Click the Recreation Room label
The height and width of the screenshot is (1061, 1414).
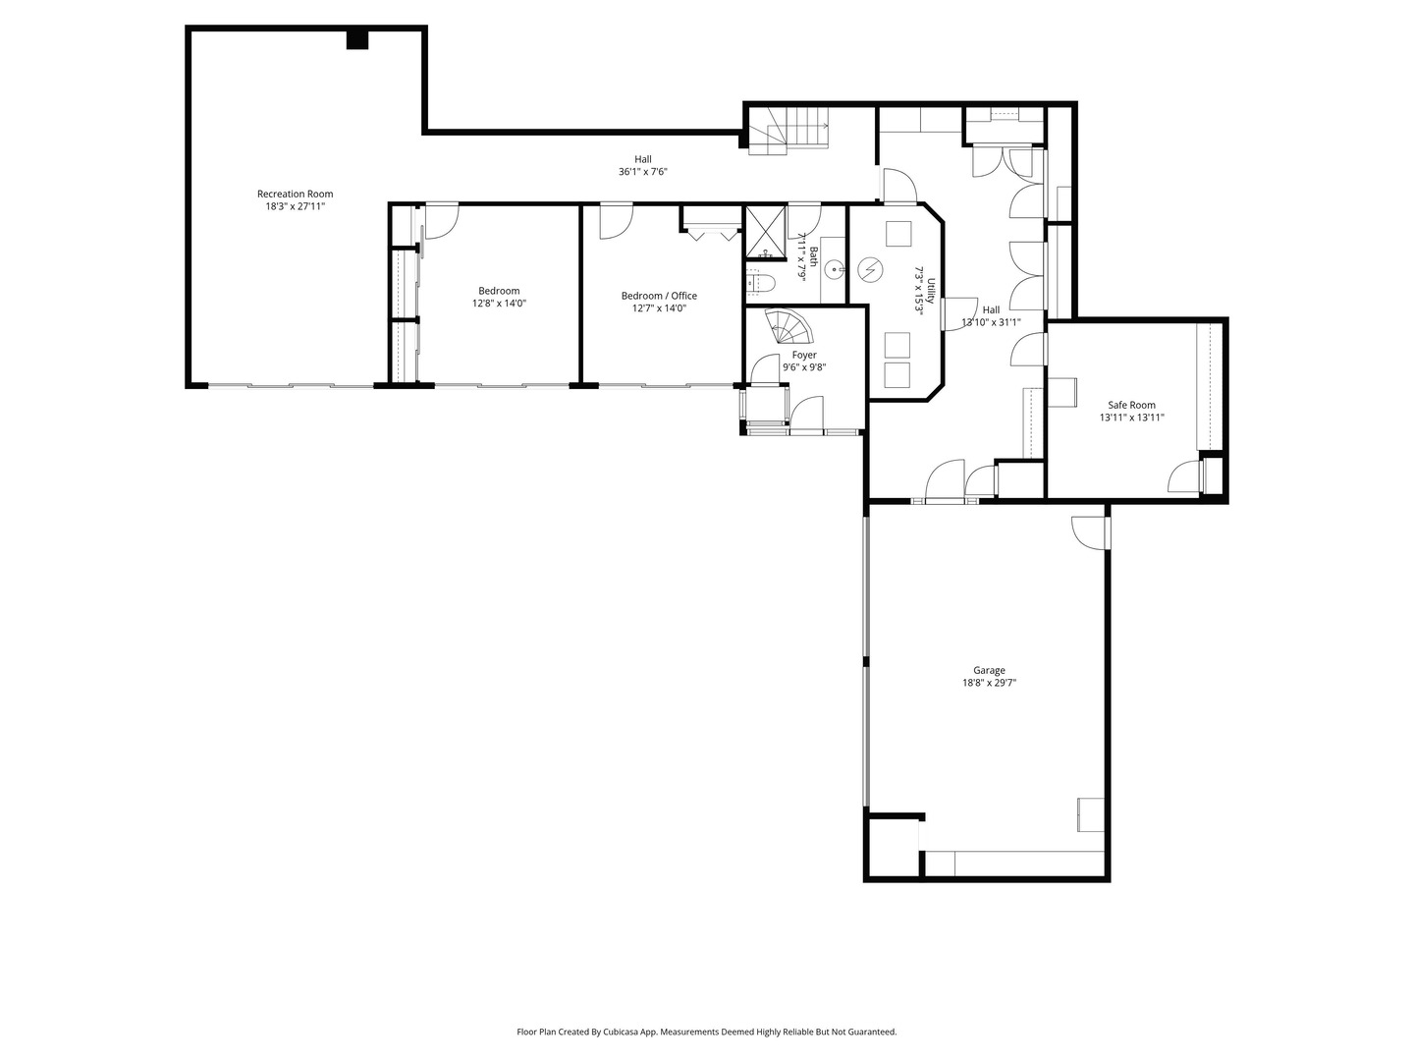click(295, 194)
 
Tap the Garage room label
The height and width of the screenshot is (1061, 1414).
click(989, 671)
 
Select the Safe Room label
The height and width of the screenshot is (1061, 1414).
click(1131, 405)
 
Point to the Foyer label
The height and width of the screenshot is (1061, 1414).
click(804, 355)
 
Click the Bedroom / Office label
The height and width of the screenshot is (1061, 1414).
click(659, 296)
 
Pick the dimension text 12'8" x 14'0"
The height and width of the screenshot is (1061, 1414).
click(499, 304)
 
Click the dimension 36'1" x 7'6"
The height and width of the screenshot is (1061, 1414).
click(643, 172)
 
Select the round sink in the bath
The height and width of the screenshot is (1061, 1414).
click(835, 265)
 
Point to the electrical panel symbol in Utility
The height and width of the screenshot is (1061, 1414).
click(870, 269)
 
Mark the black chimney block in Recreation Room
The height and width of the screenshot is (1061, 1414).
click(357, 39)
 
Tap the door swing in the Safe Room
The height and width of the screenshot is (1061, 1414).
click(1184, 477)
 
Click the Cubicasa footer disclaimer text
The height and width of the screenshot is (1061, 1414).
click(707, 1032)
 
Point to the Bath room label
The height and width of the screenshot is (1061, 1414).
click(814, 255)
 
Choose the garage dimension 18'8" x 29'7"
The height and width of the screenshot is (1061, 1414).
click(989, 683)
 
